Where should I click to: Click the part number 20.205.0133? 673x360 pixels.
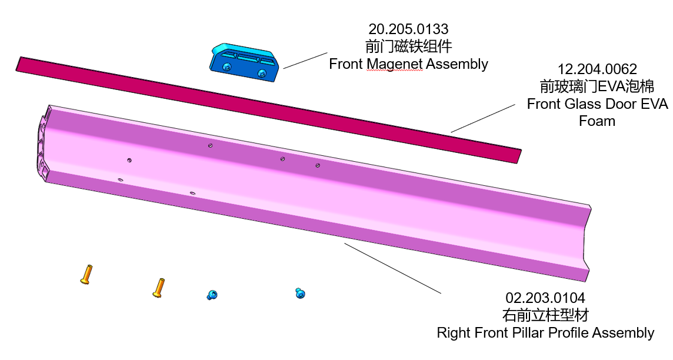point(408,29)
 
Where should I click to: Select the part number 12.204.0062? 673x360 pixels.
point(597,69)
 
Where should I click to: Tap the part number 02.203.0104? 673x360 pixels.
point(545,298)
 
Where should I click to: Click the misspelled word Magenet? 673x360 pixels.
point(394,64)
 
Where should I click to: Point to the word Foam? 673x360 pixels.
point(597,121)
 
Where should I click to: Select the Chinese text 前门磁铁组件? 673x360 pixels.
point(408,46)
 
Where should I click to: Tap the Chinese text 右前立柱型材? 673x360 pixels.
point(545,315)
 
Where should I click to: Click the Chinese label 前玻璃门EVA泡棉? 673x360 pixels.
point(597,87)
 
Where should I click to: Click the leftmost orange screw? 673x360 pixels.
point(86,275)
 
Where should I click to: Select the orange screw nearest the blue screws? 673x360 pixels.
point(158,288)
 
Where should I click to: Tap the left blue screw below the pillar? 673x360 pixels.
point(212,295)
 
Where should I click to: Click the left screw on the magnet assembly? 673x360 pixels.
point(227,68)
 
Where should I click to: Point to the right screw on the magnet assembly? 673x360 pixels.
point(262,73)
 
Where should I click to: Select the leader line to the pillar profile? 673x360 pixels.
point(392,268)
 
